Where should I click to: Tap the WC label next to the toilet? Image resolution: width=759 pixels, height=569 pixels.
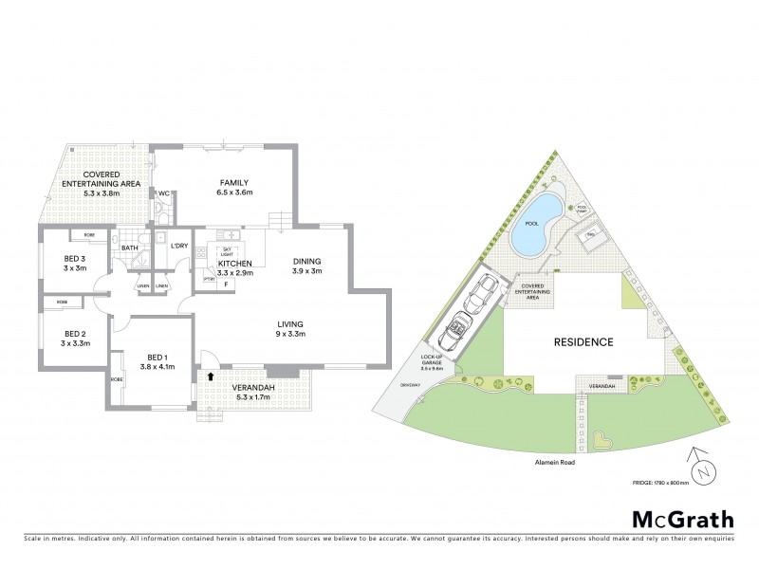point(163,193)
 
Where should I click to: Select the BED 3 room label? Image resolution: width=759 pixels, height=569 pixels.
point(75,260)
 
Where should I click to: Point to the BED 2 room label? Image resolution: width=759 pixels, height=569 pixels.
point(75,334)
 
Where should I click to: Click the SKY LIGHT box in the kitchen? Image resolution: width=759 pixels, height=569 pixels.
point(226,251)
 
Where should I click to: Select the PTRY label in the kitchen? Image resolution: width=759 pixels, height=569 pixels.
point(209,280)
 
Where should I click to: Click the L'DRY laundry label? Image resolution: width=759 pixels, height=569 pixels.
point(179,247)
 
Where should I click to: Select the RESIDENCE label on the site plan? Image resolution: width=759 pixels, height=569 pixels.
point(583,341)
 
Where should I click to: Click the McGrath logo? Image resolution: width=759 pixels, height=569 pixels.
point(683,519)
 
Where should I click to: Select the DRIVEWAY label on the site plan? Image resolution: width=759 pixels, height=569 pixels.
point(410,384)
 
